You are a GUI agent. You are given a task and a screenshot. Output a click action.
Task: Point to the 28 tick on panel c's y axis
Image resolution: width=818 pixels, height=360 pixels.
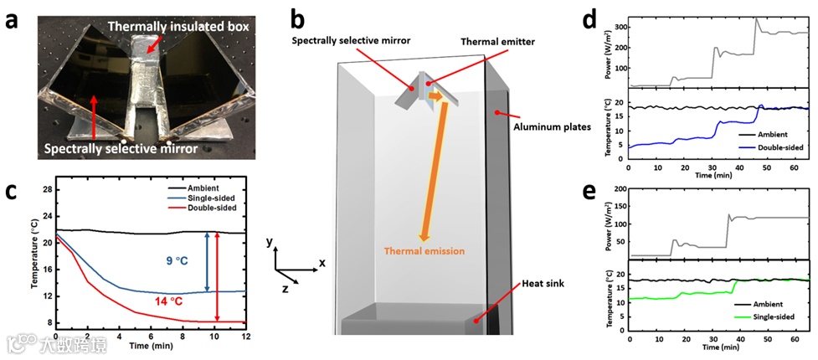[47, 189]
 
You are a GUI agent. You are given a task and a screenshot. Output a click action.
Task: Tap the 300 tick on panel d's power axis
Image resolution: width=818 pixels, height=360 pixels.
[620, 27]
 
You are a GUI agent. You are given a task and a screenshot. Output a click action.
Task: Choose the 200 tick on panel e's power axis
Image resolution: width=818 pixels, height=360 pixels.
[620, 190]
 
